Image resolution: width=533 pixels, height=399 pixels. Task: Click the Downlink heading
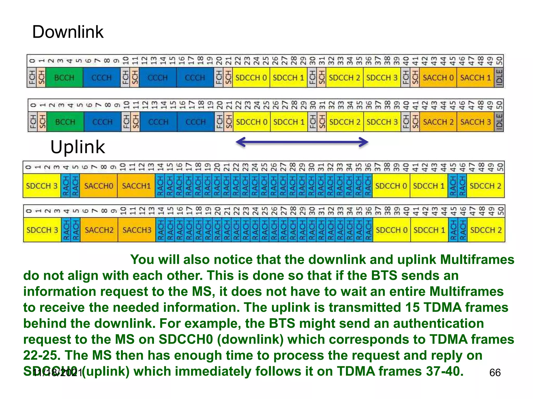[x=68, y=32]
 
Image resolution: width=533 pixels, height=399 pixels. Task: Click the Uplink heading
[x=78, y=147]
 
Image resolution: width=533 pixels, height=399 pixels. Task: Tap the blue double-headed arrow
[x=302, y=142]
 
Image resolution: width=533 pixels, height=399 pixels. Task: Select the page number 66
[x=495, y=373]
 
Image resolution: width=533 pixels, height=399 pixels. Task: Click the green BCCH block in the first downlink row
[x=64, y=78]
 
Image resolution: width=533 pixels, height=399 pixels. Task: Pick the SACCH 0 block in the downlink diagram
[x=438, y=78]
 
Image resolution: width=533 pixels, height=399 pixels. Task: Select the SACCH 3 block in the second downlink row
[x=475, y=122]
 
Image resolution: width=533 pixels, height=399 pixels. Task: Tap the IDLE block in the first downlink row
[x=499, y=78]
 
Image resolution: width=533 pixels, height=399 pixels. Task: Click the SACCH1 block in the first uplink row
[x=136, y=186]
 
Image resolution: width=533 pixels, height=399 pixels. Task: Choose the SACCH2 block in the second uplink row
[x=99, y=230]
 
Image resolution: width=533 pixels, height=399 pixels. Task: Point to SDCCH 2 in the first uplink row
[x=485, y=186]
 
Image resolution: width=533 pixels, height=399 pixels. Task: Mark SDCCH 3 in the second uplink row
[x=42, y=230]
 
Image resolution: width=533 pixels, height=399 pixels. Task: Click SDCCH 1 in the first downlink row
[x=288, y=78]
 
